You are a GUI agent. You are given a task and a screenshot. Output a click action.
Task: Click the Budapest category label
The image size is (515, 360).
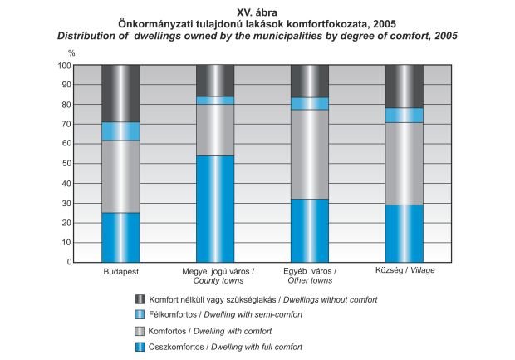pyautogui.click(x=120, y=271)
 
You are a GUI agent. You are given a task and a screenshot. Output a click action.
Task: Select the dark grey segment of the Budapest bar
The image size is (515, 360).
pyautogui.click(x=120, y=93)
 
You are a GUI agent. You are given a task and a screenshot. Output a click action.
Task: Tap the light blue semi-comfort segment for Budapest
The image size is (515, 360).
pyautogui.click(x=120, y=131)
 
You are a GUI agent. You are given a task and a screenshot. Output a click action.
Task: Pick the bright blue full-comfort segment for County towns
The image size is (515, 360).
pyautogui.click(x=215, y=209)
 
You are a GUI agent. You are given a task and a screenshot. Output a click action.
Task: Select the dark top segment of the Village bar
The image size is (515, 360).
pyautogui.click(x=405, y=86)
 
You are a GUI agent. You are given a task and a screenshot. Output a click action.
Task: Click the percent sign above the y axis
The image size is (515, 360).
pyautogui.click(x=71, y=53)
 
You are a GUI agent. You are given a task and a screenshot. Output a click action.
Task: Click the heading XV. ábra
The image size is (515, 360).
pyautogui.click(x=257, y=12)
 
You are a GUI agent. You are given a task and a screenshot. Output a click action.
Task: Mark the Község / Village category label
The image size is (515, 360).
pyautogui.click(x=405, y=271)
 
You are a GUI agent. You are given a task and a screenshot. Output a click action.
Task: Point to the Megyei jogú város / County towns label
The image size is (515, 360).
pyautogui.click(x=218, y=275)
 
